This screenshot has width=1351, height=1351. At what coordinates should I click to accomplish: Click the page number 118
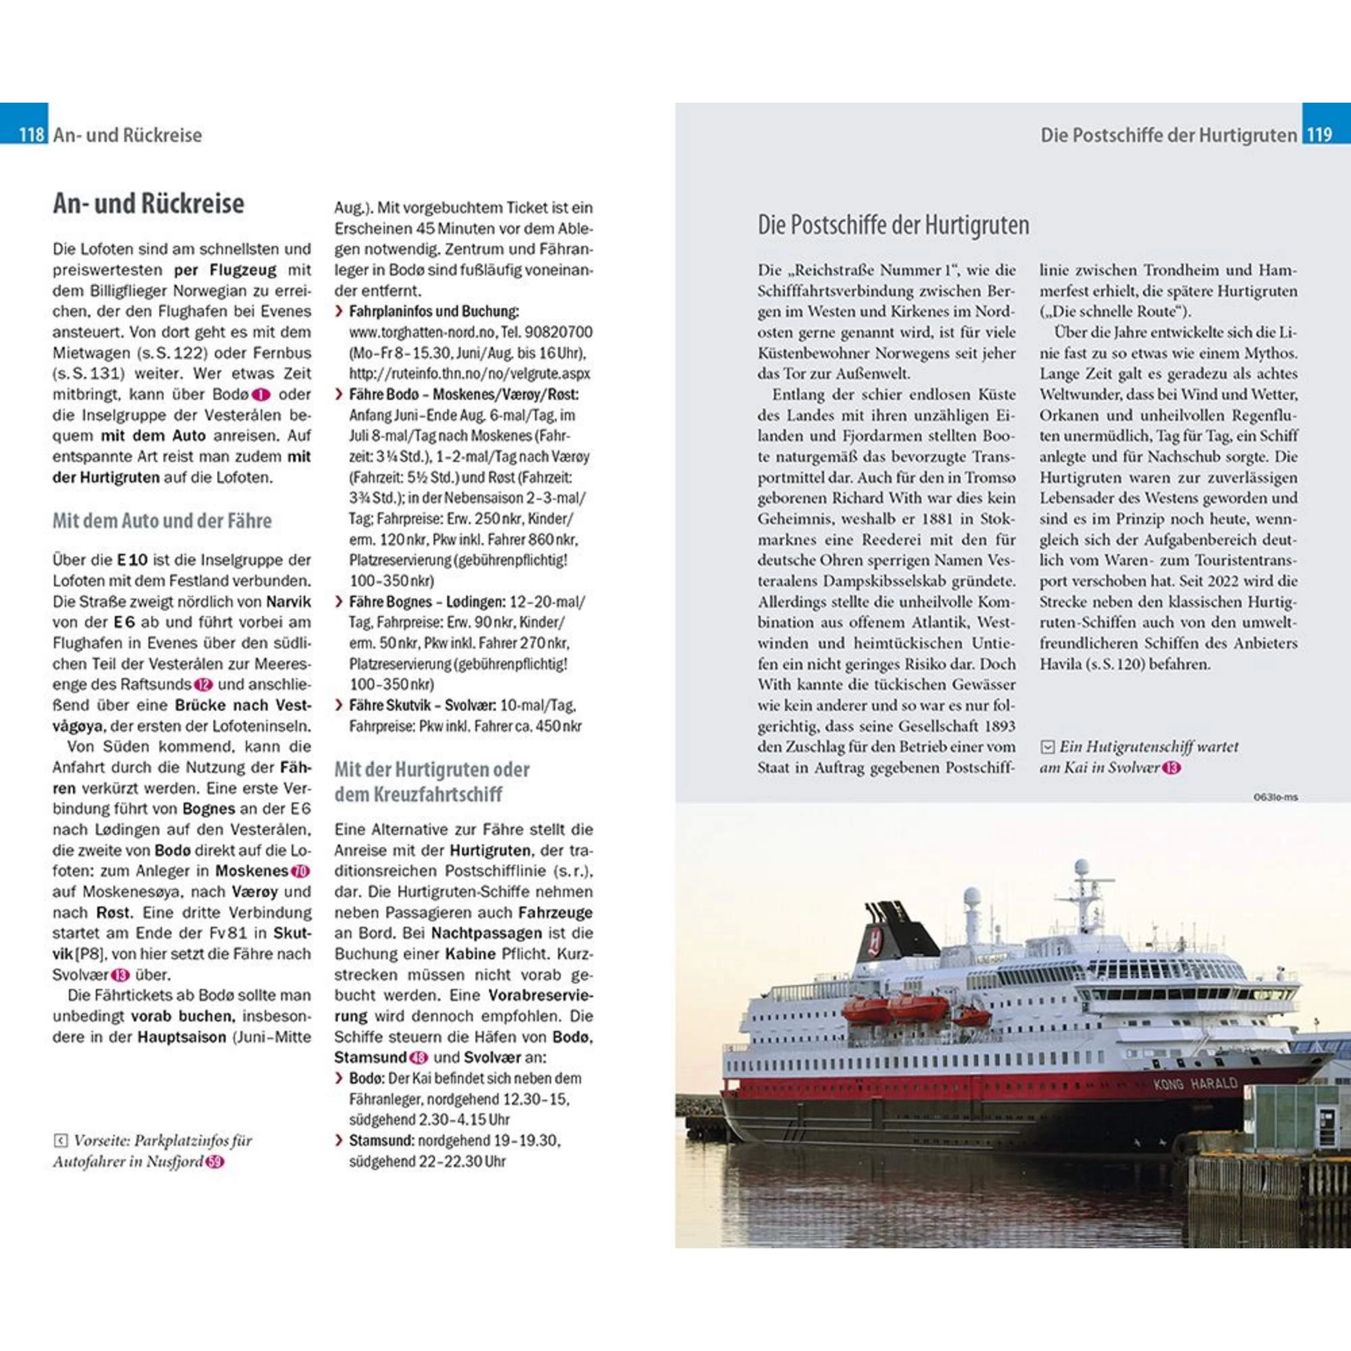pyautogui.click(x=32, y=134)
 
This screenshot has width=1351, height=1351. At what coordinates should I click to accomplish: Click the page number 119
pyautogui.click(x=1319, y=134)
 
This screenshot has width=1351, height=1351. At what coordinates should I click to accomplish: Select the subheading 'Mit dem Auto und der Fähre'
pyautogui.click(x=162, y=521)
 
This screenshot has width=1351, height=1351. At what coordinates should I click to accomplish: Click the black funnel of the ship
pyautogui.click(x=886, y=931)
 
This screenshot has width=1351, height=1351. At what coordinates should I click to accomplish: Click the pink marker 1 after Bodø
pyautogui.click(x=261, y=395)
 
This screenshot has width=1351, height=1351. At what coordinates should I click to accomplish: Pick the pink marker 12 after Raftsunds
pyautogui.click(x=203, y=684)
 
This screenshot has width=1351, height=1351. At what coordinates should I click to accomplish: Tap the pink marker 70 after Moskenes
pyautogui.click(x=301, y=871)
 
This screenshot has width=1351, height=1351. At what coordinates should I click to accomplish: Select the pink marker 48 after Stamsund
pyautogui.click(x=419, y=1058)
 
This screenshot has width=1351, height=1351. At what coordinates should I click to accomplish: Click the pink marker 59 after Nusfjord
pyautogui.click(x=215, y=1162)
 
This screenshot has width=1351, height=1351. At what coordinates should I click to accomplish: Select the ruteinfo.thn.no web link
pyautogui.click(x=469, y=374)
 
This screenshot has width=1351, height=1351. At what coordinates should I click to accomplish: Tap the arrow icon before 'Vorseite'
pyautogui.click(x=61, y=1141)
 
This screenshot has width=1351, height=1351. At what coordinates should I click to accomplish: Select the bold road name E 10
pyautogui.click(x=132, y=560)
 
